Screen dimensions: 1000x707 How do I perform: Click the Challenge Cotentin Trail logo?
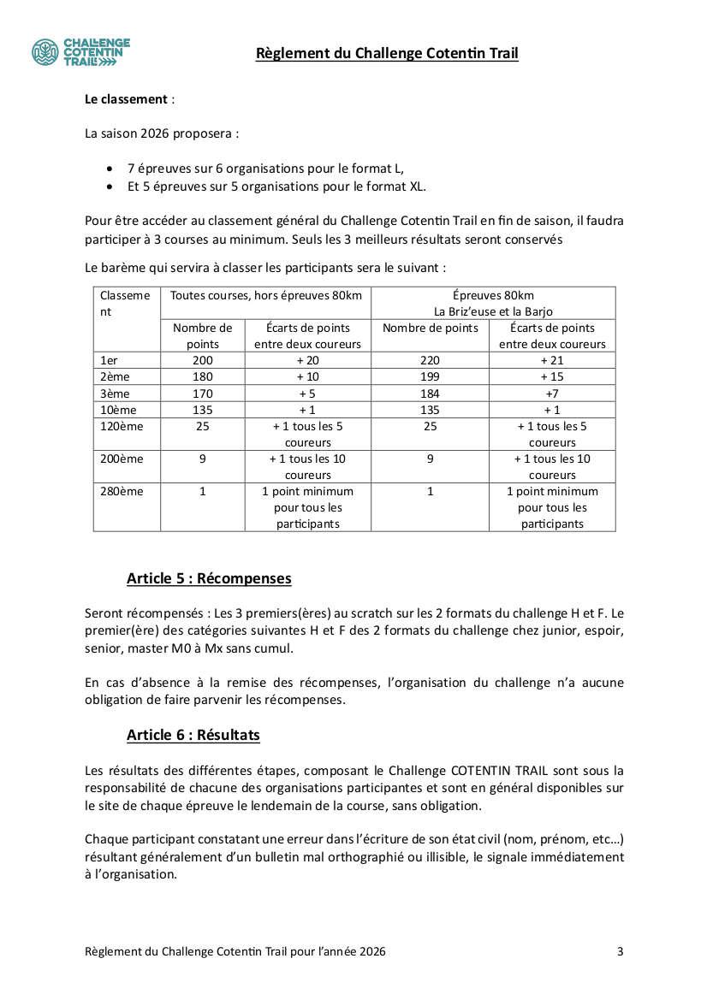pos(80,52)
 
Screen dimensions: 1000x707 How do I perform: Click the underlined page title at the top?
pos(387,54)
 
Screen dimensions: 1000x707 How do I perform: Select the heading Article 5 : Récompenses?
pos(209,578)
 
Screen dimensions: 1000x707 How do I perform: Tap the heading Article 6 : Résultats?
pos(193,735)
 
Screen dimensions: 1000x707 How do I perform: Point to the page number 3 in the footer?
pos(620,951)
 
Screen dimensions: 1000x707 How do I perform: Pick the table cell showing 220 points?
pos(430,360)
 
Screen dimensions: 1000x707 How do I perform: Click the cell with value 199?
pos(430,376)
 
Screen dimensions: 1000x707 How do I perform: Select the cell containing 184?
pos(430,393)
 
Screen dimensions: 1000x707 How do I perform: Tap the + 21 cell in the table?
pos(552,360)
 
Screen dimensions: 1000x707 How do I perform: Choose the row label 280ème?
pos(122,491)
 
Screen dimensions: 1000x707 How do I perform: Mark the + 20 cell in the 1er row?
pos(307,360)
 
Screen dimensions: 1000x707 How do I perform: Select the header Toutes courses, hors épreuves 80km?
pos(265,295)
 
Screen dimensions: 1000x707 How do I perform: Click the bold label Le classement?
pos(126,99)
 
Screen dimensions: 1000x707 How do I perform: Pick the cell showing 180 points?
pos(203,376)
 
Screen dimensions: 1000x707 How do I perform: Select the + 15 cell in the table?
pos(552,376)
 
